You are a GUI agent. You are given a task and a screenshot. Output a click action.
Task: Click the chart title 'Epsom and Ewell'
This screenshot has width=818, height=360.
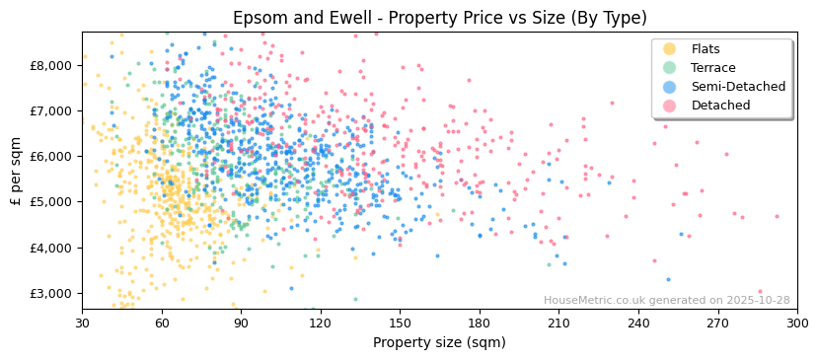click(439, 19)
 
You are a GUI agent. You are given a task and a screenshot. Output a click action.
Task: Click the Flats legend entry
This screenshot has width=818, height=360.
click(705, 49)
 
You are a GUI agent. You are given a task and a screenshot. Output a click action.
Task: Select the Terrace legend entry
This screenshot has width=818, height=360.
click(713, 68)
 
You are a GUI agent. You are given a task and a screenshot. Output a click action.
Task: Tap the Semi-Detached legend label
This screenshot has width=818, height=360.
click(738, 87)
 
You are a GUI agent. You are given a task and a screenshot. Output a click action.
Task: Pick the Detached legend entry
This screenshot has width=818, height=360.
click(720, 106)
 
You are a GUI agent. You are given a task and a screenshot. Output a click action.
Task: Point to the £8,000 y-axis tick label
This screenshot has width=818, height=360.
click(51, 65)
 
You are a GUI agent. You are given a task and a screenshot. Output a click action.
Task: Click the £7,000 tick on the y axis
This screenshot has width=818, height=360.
click(51, 110)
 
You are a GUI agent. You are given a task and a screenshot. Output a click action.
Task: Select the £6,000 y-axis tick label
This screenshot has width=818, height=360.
click(51, 156)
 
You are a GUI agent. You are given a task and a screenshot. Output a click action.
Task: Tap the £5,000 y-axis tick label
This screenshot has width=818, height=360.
click(51, 202)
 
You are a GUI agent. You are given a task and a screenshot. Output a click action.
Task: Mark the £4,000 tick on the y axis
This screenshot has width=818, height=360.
click(51, 248)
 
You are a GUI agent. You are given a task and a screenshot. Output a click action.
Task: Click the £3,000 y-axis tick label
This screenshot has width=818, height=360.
click(51, 293)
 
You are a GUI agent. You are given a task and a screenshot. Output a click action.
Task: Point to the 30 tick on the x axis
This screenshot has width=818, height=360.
click(82, 323)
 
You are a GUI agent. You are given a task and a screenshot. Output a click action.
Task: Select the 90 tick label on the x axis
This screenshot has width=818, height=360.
click(241, 323)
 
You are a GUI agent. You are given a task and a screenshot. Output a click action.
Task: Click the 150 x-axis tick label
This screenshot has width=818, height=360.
click(400, 323)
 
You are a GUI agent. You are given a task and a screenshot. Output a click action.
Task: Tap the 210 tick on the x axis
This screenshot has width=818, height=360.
click(558, 323)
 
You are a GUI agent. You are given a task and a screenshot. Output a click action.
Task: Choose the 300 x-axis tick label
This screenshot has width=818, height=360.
click(796, 323)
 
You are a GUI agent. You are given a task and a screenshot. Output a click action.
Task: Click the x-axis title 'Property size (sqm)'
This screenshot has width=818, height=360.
click(439, 342)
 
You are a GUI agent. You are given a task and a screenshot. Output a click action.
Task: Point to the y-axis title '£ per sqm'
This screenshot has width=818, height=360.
click(17, 172)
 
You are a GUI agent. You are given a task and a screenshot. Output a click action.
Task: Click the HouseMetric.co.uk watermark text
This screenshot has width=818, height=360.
click(666, 301)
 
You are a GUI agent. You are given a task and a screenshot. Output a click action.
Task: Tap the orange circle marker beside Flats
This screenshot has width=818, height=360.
click(670, 49)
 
